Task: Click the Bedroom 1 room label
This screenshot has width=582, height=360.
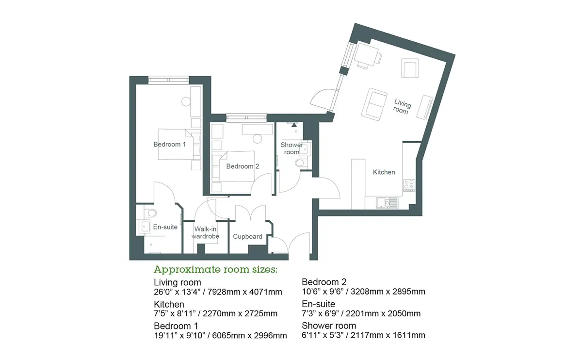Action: pos(169,144)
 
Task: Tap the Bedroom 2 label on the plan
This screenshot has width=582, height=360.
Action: pos(242,166)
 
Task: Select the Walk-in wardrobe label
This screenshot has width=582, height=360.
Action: pos(205,232)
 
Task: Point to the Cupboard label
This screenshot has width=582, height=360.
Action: pos(247,237)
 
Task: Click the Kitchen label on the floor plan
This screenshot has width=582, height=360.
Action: pos(384,172)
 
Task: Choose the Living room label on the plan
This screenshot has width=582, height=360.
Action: pos(402,107)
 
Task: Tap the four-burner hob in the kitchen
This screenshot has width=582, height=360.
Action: pos(409,185)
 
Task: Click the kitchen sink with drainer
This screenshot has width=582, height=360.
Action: pos(387,203)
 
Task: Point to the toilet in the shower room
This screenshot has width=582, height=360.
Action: pos(301,163)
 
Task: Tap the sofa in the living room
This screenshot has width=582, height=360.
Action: pos(374,104)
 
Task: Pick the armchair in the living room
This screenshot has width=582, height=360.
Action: pos(410,68)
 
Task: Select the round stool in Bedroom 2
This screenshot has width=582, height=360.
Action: pos(257,139)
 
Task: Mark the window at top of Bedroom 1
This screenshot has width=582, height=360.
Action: pos(169,80)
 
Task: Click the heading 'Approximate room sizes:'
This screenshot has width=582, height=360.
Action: pos(215,270)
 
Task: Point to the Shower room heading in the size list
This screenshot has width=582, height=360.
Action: pos(329,326)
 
